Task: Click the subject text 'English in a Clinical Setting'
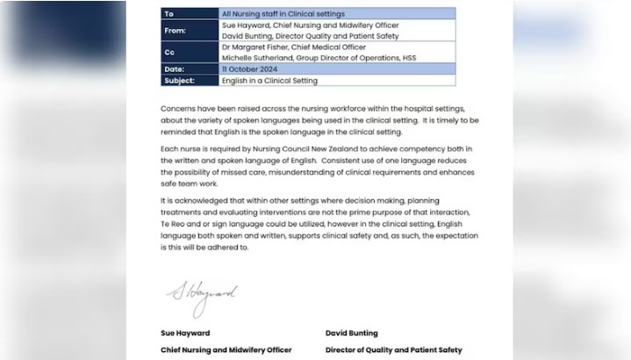tap(270, 80)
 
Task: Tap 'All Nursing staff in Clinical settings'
tap(283, 14)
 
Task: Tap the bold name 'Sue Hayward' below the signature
tap(186, 335)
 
